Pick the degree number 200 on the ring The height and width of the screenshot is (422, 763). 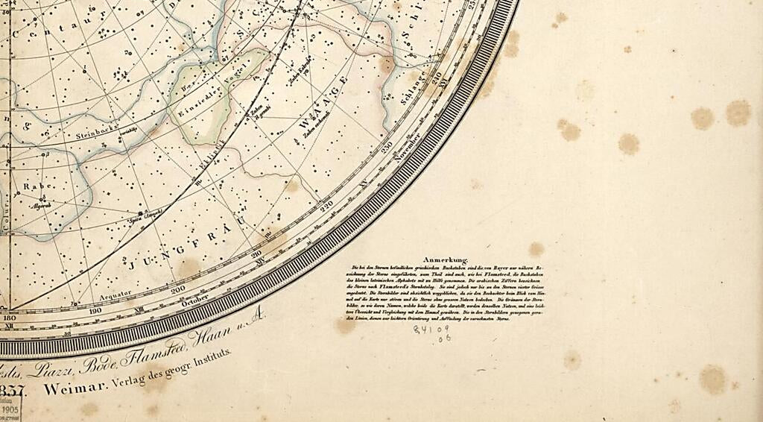178,290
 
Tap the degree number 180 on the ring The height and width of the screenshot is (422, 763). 10,318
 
